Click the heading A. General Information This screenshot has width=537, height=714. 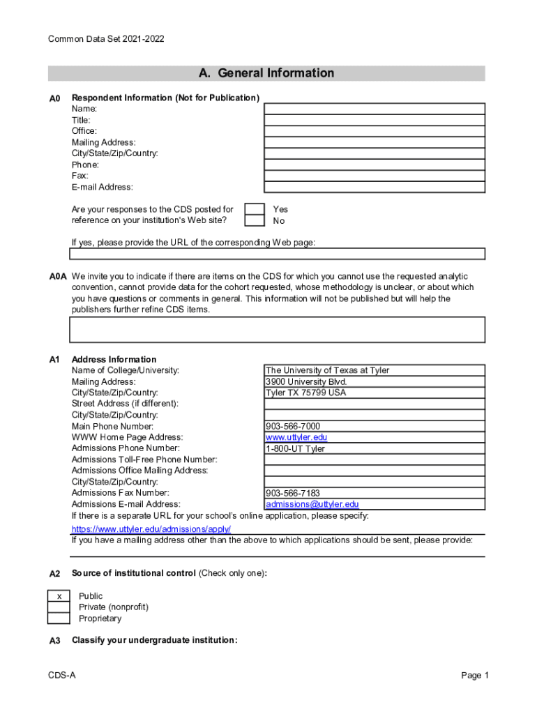click(266, 73)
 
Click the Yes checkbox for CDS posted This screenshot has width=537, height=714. click(255, 209)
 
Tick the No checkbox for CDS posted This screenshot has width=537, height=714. click(255, 221)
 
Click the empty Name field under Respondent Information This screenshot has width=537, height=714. click(374, 109)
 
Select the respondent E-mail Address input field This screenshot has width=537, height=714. click(374, 187)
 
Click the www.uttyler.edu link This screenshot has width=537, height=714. click(296, 437)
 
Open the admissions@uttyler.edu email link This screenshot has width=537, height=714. click(312, 504)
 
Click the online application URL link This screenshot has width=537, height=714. click(151, 529)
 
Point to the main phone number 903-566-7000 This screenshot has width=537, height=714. click(293, 426)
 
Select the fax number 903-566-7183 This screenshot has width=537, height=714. click(293, 493)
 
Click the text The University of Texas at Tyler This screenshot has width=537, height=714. click(327, 370)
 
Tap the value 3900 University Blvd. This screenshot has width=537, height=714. click(305, 381)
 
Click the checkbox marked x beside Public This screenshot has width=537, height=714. click(59, 596)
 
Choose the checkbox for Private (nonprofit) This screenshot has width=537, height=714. click(59, 607)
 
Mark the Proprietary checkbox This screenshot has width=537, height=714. click(59, 618)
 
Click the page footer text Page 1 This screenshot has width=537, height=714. click(475, 676)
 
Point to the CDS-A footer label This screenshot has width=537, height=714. click(62, 676)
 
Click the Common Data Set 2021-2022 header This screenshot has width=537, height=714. click(106, 39)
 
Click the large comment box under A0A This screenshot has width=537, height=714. click(277, 329)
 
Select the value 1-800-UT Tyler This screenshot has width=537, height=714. click(295, 448)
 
